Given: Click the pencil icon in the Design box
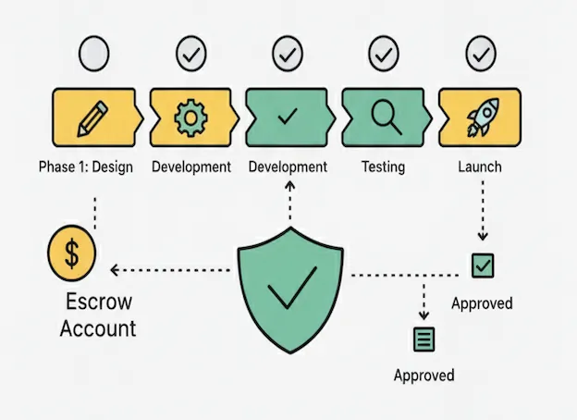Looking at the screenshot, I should (92, 117).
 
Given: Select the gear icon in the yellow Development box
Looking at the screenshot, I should (190, 117).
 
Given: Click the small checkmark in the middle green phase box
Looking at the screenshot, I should (288, 117).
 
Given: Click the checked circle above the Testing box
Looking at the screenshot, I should (383, 55).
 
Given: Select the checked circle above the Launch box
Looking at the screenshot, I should (480, 54).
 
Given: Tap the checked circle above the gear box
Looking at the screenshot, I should (190, 55).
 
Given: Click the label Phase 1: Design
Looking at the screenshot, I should (86, 167).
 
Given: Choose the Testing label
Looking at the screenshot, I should (382, 167).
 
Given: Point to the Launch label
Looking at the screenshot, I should (479, 167).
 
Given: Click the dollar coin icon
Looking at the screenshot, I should (71, 253).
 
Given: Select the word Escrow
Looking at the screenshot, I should (98, 303).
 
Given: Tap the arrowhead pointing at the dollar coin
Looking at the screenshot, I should (114, 270).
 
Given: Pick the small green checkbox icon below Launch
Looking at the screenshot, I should (482, 266).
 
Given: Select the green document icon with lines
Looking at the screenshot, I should (424, 339).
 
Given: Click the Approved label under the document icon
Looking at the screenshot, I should (424, 375).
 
